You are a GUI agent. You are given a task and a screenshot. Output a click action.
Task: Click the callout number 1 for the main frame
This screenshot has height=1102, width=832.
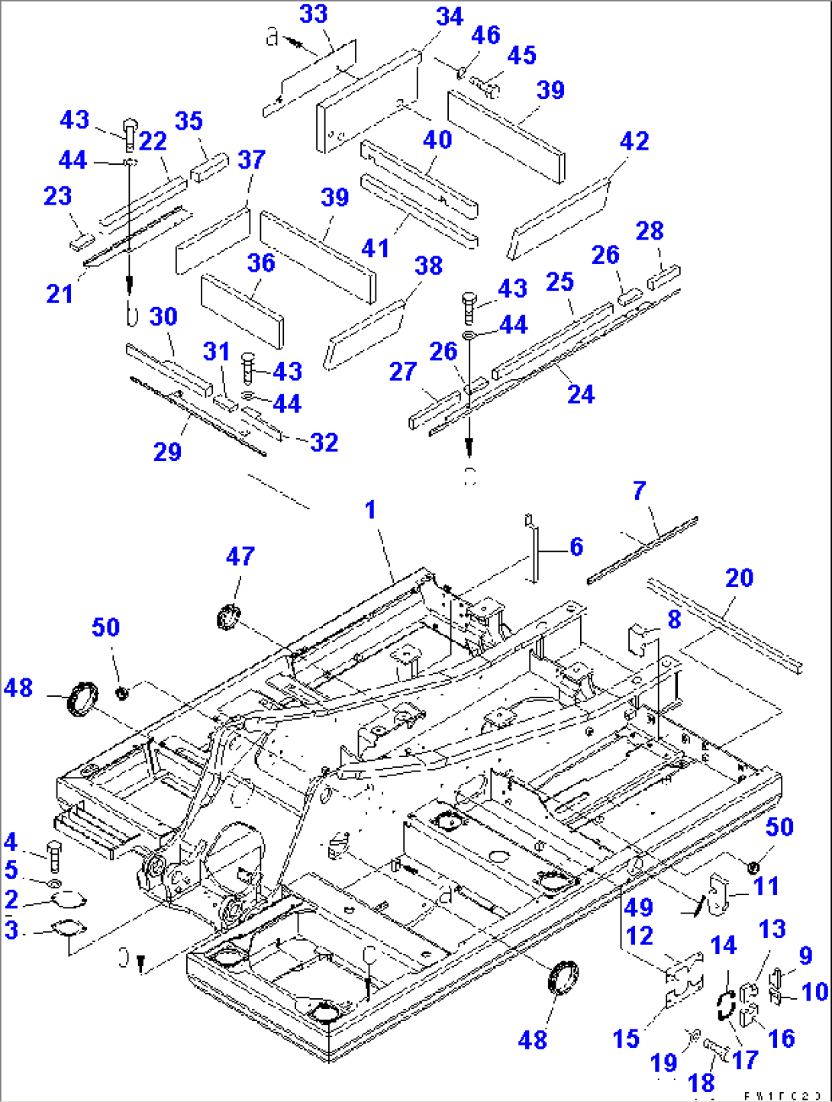pyautogui.click(x=370, y=509)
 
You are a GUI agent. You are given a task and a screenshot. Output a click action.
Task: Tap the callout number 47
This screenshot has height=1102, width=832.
pyautogui.click(x=240, y=556)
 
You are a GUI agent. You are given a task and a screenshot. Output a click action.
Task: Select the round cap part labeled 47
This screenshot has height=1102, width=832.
pyautogui.click(x=228, y=615)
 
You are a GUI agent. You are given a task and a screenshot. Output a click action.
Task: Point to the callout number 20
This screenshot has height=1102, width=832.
pyautogui.click(x=739, y=578)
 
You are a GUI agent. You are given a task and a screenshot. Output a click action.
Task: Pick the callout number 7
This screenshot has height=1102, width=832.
pyautogui.click(x=639, y=491)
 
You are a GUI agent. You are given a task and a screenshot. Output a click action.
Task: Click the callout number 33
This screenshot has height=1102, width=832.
pyautogui.click(x=313, y=14)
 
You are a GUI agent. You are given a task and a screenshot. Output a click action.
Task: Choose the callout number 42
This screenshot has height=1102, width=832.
pyautogui.click(x=634, y=141)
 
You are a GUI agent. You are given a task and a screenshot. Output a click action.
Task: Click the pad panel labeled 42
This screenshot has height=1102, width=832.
pyautogui.click(x=560, y=217)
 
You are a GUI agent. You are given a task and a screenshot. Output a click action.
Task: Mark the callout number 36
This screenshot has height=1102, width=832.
pyautogui.click(x=261, y=263)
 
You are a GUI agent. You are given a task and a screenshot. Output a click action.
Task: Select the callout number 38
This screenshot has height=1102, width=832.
pyautogui.click(x=428, y=266)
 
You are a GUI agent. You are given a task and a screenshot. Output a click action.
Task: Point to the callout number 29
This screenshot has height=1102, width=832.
pyautogui.click(x=167, y=451)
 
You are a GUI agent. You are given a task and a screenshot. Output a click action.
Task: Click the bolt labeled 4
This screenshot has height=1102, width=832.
pyautogui.click(x=55, y=856)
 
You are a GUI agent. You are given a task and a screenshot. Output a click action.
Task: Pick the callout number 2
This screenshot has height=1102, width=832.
pyautogui.click(x=11, y=900)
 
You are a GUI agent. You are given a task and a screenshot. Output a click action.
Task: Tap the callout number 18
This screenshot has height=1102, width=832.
pyautogui.click(x=701, y=1082)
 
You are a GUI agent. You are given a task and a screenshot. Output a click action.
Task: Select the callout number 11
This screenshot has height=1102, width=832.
pyautogui.click(x=766, y=886)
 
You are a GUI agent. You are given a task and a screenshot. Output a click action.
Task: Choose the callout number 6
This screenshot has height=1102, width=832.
pyautogui.click(x=576, y=546)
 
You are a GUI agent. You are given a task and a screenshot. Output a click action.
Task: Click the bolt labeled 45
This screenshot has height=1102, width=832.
pyautogui.click(x=484, y=85)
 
